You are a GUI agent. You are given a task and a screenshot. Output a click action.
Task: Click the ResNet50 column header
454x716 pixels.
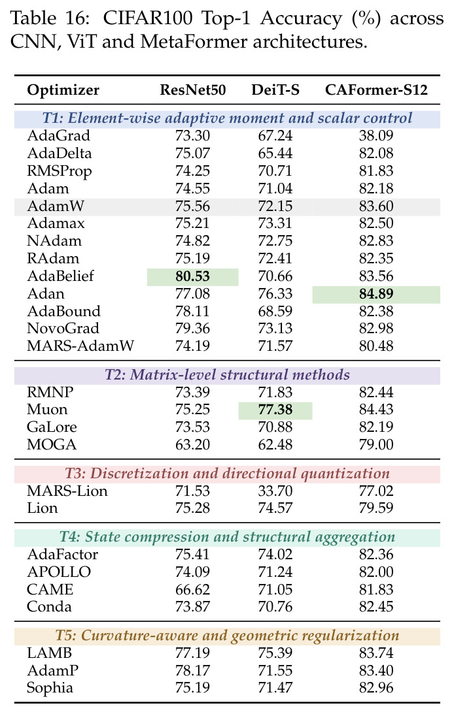192,90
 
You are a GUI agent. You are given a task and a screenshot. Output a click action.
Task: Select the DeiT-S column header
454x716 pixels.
275,90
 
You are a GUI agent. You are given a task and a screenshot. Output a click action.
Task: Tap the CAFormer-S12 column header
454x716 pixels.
376,90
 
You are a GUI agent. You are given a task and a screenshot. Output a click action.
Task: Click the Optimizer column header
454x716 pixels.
63,90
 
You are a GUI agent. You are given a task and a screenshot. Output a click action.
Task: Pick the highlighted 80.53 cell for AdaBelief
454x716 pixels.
192,276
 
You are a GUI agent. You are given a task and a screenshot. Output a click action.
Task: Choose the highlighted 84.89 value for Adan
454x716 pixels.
376,294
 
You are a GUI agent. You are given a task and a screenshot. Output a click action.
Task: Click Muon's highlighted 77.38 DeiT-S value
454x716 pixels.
275,410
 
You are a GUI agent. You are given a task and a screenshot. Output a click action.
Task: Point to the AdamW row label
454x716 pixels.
56,206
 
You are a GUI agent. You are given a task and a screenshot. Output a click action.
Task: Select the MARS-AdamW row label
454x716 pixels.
80,346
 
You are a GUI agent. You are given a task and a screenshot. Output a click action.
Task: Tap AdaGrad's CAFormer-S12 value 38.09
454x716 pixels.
376,136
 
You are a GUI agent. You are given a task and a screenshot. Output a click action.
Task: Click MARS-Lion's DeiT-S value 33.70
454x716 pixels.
275,491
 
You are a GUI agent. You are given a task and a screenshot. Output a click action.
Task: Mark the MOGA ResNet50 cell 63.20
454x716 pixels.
192,444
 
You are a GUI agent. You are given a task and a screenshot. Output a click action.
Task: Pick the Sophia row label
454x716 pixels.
50,688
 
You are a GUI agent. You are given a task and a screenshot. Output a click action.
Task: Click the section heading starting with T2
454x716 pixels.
227,375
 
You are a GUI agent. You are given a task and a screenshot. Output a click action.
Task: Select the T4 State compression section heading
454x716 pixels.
227,538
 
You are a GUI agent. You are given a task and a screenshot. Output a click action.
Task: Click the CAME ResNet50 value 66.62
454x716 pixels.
192,589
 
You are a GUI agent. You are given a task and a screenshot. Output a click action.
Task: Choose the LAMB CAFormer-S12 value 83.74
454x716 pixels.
376,653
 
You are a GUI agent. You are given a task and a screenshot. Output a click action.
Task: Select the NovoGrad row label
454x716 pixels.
63,329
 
